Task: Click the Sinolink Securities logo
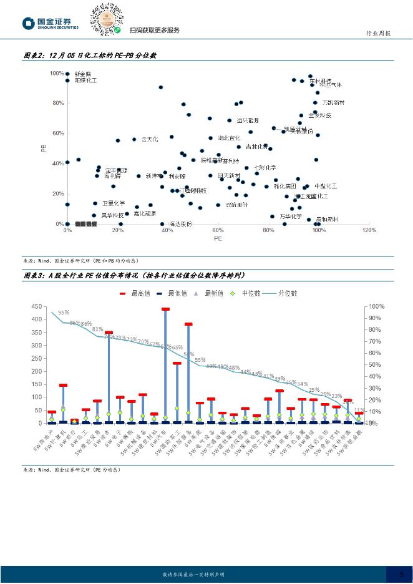click(51, 23)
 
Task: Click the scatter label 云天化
click(150, 139)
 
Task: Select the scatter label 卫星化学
click(114, 203)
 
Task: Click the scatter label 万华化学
click(291, 217)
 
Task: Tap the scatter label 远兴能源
click(248, 120)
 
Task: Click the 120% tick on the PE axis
click(369, 230)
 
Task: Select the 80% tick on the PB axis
click(57, 103)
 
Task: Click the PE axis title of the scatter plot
click(218, 238)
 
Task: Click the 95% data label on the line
click(64, 313)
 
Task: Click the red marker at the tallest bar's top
click(165, 309)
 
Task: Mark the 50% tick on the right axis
click(374, 365)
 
